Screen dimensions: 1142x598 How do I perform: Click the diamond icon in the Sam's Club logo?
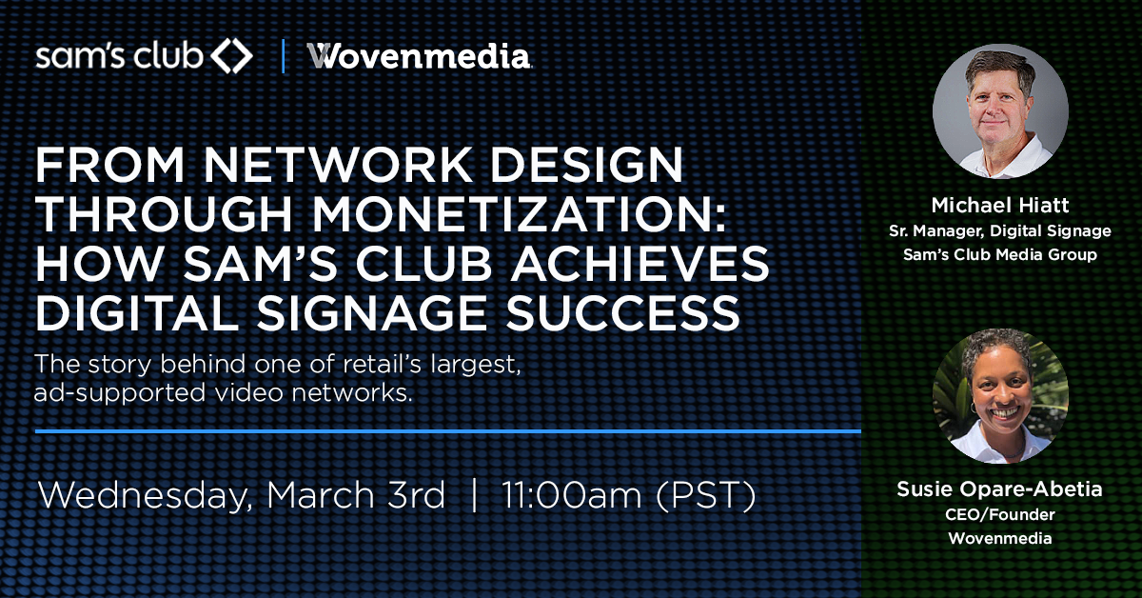[232, 55]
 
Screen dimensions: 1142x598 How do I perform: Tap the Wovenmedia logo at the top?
[419, 56]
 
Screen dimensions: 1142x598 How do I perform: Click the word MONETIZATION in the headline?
[519, 214]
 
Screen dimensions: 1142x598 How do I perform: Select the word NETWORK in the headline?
[339, 165]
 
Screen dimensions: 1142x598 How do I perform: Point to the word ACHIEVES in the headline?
[640, 263]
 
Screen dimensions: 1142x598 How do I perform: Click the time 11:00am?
[572, 495]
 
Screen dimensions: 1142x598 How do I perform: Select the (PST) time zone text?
[705, 495]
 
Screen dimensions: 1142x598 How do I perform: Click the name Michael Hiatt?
[1000, 205]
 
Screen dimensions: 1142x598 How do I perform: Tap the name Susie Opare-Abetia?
[999, 489]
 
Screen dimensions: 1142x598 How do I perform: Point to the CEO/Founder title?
[1000, 514]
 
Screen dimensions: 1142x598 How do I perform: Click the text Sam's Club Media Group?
[1000, 254]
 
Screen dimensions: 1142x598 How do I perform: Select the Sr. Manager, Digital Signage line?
[1000, 231]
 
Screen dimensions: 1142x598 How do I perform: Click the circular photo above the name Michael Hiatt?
[1000, 111]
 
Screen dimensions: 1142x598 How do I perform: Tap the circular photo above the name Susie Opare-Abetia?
[1000, 396]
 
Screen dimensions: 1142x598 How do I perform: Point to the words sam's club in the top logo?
[119, 56]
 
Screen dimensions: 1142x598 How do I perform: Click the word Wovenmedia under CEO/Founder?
[1000, 538]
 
